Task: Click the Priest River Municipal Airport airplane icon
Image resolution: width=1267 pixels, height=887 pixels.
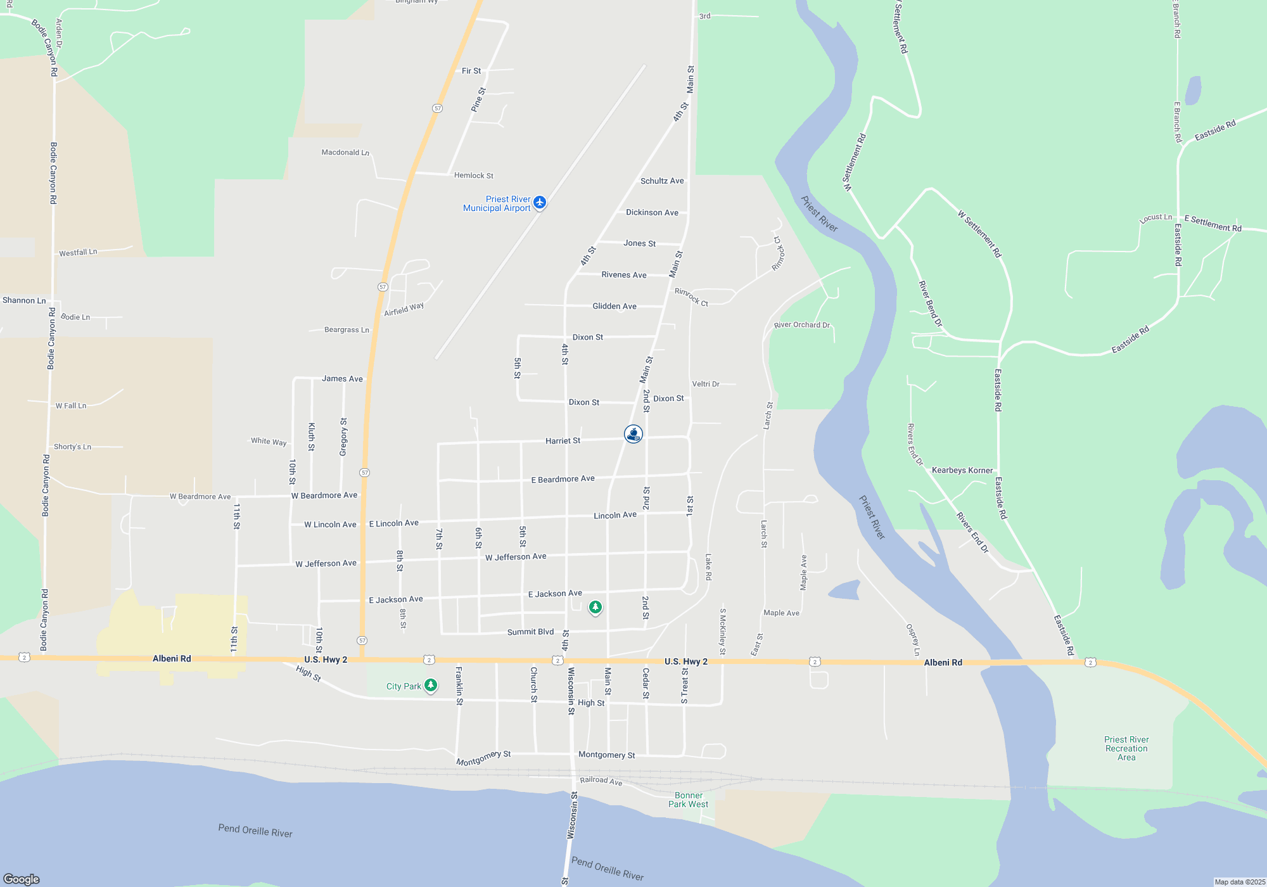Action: [x=540, y=202]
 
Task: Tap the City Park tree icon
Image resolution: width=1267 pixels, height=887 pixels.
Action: [x=431, y=685]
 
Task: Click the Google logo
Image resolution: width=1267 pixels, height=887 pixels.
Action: [x=22, y=879]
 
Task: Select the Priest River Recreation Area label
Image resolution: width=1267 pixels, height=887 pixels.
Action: [x=1126, y=748]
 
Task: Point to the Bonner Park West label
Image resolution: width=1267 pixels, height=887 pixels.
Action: [x=688, y=800]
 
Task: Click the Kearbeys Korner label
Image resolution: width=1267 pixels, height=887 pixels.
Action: [x=962, y=470]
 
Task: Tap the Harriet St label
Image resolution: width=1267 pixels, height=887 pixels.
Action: [x=563, y=440]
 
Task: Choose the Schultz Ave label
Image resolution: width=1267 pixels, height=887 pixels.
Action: [x=662, y=181]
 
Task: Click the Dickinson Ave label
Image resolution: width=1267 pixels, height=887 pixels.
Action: [x=652, y=212]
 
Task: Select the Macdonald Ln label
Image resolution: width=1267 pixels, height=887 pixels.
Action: [x=345, y=152]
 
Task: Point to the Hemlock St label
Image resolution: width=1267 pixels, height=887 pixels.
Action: [x=473, y=175]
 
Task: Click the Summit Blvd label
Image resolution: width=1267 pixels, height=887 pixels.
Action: [x=530, y=632]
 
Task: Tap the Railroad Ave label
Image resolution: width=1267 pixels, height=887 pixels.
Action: [x=601, y=781]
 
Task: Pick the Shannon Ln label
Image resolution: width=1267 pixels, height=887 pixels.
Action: [x=24, y=300]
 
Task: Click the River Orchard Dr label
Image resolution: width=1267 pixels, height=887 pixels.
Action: [x=801, y=325]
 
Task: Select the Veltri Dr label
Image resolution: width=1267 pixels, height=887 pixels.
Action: [x=705, y=384]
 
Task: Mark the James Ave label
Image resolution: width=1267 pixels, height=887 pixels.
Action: [x=342, y=378]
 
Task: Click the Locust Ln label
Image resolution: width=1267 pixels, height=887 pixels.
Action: [x=1156, y=218]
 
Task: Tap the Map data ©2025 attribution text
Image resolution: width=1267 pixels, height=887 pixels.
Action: [x=1240, y=882]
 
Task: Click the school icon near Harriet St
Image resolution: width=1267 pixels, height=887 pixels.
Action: [x=633, y=434]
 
